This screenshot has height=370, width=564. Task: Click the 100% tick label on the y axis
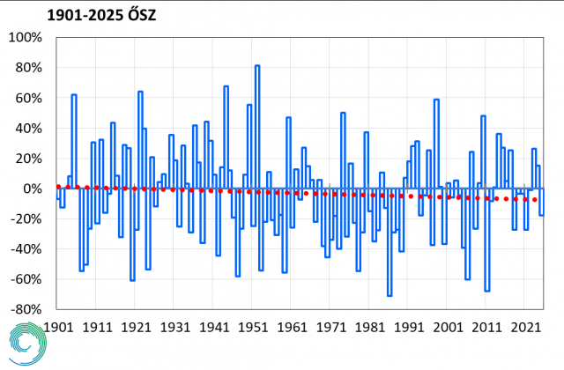[26, 38]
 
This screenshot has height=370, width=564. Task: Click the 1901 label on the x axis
[58, 326]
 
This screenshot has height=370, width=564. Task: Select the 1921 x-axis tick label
[136, 326]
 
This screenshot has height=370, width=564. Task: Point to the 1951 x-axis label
[253, 326]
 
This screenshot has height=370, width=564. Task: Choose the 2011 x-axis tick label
[486, 326]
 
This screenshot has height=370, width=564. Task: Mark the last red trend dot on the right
[535, 199]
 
